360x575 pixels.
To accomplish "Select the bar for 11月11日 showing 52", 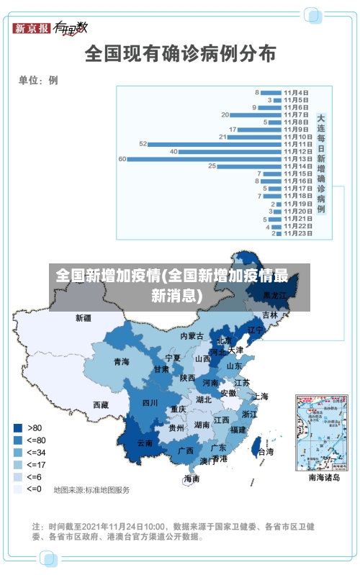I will pyautogui.click(x=215, y=144).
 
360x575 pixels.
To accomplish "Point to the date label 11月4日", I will pyautogui.click(x=296, y=92).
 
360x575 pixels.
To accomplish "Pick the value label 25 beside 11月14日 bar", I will pyautogui.click(x=212, y=166).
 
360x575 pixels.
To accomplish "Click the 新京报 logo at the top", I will pyautogui.click(x=32, y=28).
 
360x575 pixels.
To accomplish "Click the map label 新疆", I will pyautogui.click(x=84, y=317).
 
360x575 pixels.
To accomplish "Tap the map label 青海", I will pyautogui.click(x=121, y=361).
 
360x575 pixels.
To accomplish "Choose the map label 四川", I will pyautogui.click(x=150, y=402).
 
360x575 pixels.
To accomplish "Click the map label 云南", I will pyautogui.click(x=145, y=443).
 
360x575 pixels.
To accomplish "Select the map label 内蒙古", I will pyautogui.click(x=192, y=335).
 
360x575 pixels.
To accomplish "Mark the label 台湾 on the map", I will pyautogui.click(x=266, y=452).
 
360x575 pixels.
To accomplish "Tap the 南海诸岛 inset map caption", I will pyautogui.click(x=323, y=476).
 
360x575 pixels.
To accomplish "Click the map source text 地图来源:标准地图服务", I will pyautogui.click(x=92, y=490).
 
